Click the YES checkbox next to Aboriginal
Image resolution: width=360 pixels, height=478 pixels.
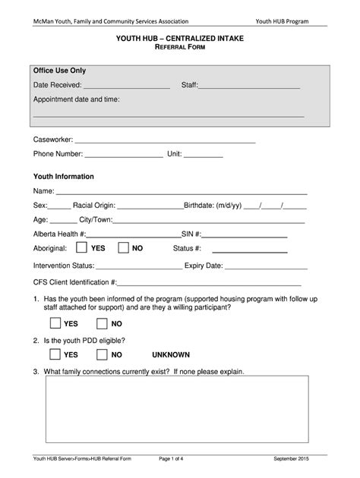click(81, 248)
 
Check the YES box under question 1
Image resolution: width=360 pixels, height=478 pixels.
click(54, 323)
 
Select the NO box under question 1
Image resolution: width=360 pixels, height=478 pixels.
click(102, 323)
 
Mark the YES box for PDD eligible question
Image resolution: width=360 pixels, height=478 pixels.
click(54, 354)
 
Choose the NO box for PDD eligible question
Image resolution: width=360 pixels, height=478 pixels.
click(102, 354)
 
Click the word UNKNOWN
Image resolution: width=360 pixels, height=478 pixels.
click(171, 354)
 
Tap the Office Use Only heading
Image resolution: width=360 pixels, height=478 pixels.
click(59, 71)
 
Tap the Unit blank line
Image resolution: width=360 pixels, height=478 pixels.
click(204, 156)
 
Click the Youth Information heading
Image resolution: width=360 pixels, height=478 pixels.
click(63, 176)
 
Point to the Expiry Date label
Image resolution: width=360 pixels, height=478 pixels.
click(204, 266)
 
